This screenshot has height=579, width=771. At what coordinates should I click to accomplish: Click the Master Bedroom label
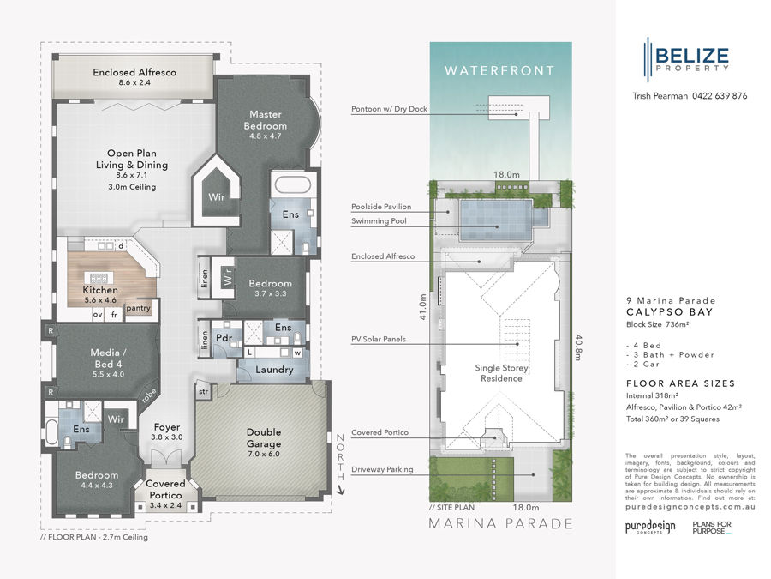[x=267, y=119]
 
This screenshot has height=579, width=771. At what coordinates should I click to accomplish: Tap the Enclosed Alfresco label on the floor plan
[x=134, y=73]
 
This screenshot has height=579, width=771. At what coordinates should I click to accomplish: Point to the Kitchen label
[x=100, y=290]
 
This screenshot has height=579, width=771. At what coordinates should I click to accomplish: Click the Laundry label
[x=273, y=370]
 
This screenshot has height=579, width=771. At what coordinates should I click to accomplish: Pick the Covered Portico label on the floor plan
[x=165, y=490]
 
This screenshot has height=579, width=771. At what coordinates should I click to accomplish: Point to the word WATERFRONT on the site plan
[x=499, y=70]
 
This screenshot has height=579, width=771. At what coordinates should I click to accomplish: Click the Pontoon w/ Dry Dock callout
[x=389, y=110]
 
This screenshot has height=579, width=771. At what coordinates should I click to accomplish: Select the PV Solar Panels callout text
[x=378, y=339]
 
